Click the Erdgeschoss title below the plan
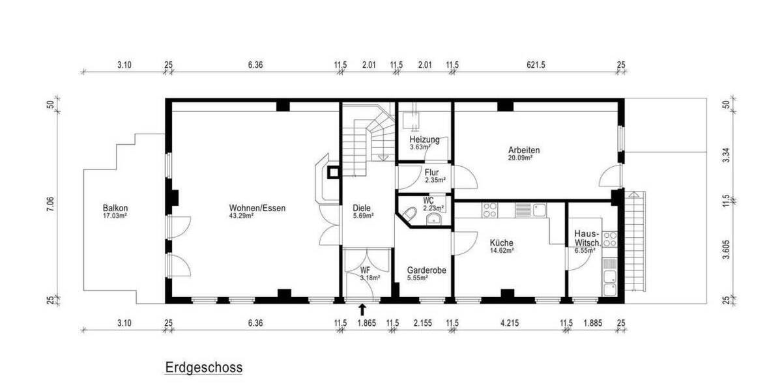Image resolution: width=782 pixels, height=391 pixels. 203,368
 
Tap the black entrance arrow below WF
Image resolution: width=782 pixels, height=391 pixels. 363,310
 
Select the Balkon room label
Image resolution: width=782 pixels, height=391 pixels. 115,208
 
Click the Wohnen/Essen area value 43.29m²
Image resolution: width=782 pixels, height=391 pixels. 242,216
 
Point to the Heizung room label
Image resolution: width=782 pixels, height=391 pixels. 424,139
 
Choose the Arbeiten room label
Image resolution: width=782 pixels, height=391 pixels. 524,150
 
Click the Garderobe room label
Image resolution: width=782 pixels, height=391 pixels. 426,270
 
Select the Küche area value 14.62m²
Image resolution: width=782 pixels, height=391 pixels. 502,250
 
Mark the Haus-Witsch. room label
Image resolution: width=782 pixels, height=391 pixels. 587,238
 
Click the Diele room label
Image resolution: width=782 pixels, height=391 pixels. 361,208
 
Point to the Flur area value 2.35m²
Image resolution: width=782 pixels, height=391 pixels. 435,181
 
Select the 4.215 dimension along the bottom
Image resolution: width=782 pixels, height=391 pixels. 508,323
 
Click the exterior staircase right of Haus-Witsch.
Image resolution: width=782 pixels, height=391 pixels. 635,241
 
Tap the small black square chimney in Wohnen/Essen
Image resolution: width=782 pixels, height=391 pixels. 333,173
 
